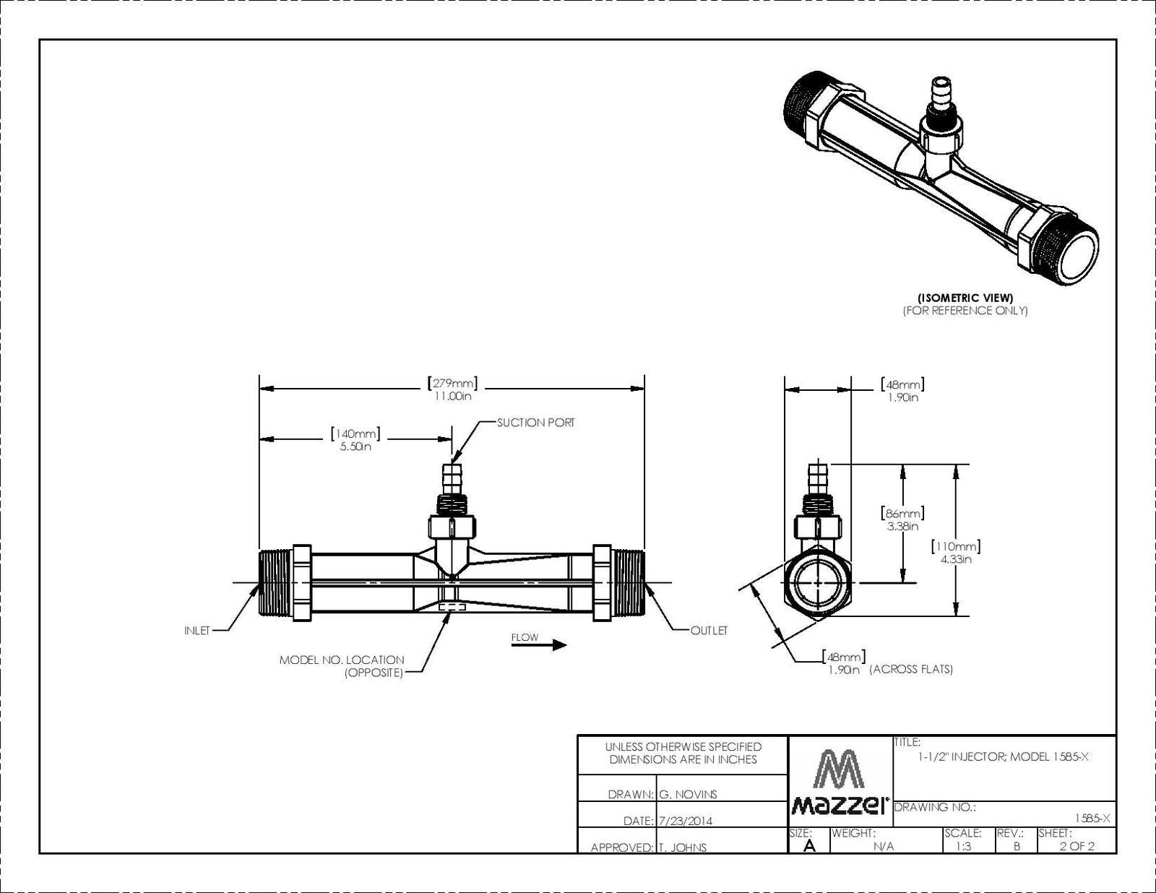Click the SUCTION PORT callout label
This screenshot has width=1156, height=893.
[x=535, y=423]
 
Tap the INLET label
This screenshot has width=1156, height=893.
[x=197, y=631]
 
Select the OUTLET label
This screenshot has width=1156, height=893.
[x=709, y=631]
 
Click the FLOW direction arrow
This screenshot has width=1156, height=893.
[x=539, y=645]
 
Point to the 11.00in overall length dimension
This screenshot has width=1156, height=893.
[x=453, y=396]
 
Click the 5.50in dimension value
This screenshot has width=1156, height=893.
[x=355, y=447]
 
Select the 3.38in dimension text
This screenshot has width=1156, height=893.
[x=903, y=527]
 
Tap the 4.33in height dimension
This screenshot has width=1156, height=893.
[x=956, y=559]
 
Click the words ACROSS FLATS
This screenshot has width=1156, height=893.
[x=911, y=670]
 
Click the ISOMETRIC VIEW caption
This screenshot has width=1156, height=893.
[x=965, y=298]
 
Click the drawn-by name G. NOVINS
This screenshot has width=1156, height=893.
[x=688, y=795]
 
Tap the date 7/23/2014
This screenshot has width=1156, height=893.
[x=685, y=821]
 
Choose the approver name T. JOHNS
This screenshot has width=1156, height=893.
[x=683, y=847]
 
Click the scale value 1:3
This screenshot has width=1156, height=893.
[x=963, y=846]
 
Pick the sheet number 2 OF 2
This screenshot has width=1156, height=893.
[x=1077, y=846]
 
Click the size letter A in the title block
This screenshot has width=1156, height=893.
[x=809, y=845]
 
